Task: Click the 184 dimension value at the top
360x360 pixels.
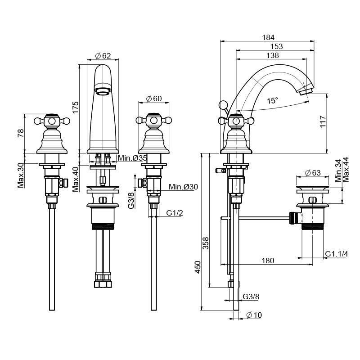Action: (269, 37)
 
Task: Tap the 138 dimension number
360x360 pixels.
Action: (272, 55)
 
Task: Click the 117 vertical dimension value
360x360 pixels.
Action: (322, 122)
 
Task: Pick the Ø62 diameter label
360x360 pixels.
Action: (103, 56)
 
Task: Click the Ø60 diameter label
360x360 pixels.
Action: (154, 99)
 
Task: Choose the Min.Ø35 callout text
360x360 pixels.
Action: (132, 158)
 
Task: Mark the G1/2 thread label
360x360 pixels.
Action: (175, 212)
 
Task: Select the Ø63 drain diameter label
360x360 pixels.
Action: (312, 173)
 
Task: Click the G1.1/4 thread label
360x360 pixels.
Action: (337, 254)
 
